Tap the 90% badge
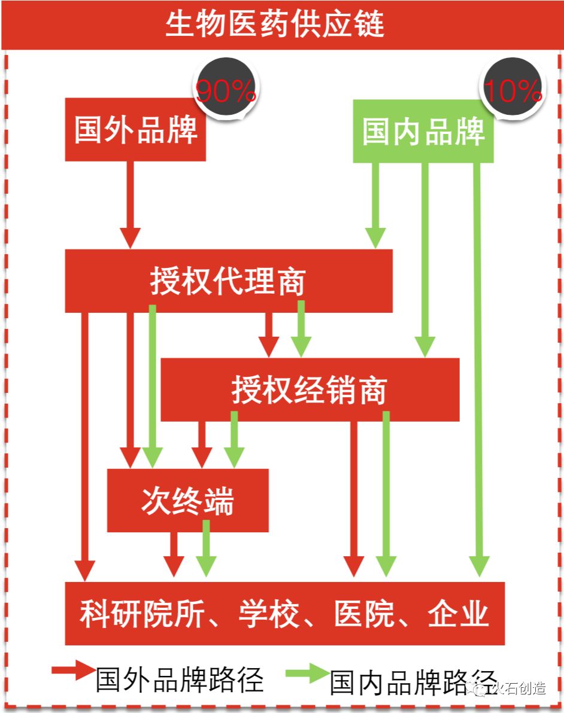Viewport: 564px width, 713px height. coord(225,90)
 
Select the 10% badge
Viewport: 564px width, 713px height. coord(513,90)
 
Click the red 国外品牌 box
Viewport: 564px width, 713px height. coord(135,130)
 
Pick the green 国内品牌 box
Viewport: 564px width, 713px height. coord(423,131)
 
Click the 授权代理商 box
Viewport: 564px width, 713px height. coord(228,281)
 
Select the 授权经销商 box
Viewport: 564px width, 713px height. coord(310,390)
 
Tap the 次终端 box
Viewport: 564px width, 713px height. coord(187,501)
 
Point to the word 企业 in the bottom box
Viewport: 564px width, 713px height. coord(458,614)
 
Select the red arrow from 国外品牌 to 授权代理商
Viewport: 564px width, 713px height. coord(130,203)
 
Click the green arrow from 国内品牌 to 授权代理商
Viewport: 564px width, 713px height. coord(376,203)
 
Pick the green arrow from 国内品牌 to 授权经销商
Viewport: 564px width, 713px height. coord(425,257)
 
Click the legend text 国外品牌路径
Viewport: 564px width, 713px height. coord(180,679)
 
